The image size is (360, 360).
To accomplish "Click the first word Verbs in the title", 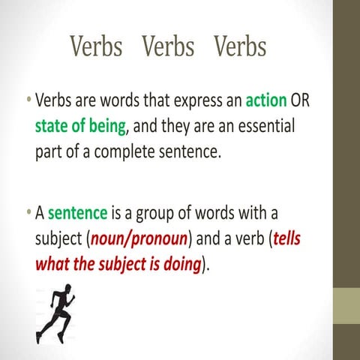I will pos(96,46).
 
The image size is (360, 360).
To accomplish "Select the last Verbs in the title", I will pos(240,46).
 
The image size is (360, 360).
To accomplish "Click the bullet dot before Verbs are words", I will pos(28,100).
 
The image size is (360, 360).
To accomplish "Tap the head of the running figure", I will pos(67,289).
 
